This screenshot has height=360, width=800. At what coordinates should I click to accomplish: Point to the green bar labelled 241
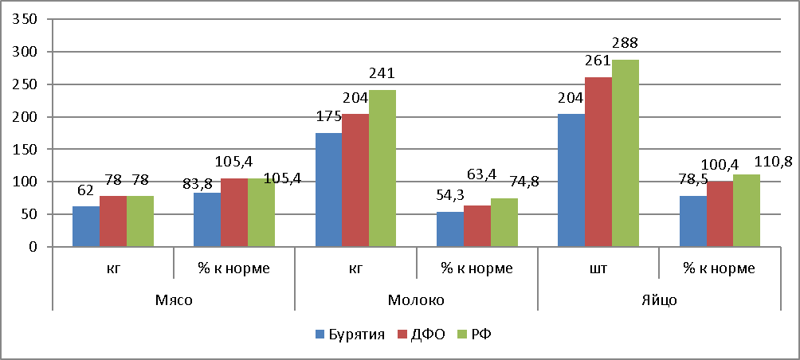coord(382,168)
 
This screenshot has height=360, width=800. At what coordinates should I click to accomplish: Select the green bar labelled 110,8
coord(747,210)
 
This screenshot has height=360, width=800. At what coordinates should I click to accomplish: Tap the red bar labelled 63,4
coord(476,226)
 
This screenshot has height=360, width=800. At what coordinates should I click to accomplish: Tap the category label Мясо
coord(174,301)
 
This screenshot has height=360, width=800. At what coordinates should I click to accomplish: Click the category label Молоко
coord(417,301)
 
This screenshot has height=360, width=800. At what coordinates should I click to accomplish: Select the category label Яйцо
coord(660,301)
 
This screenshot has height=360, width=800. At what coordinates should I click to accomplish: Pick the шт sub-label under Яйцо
coord(599,268)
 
